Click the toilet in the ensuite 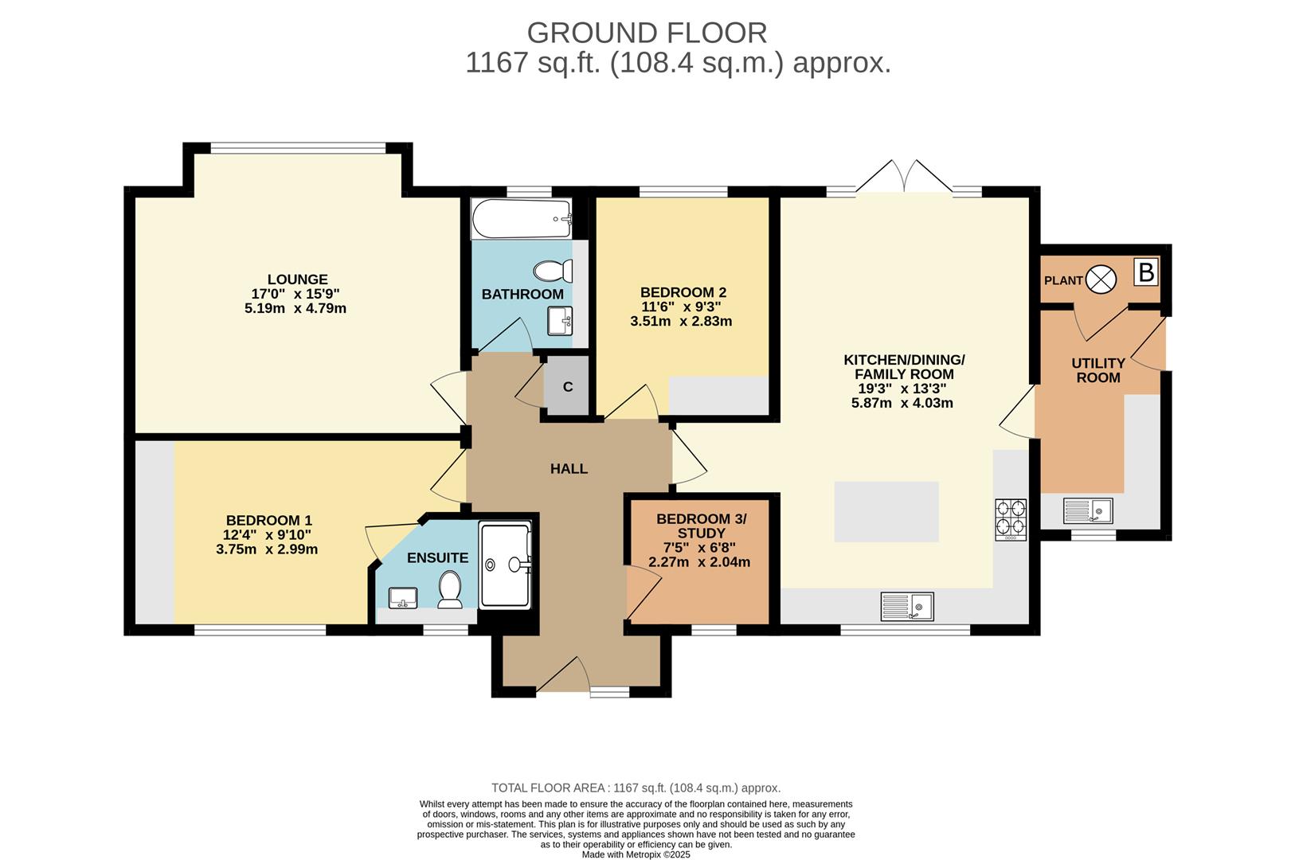[450, 589]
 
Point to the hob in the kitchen [1010, 518]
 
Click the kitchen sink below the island [906, 606]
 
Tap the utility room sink [1087, 510]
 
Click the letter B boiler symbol [1146, 272]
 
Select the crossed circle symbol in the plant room [1102, 279]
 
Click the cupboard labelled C [568, 387]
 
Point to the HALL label [569, 469]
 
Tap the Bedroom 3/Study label [701, 526]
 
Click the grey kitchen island [886, 511]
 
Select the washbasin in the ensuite [403, 597]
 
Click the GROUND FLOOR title [647, 33]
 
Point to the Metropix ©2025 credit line [636, 854]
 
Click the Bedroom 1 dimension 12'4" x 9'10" [268, 534]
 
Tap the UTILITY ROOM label [1097, 370]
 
